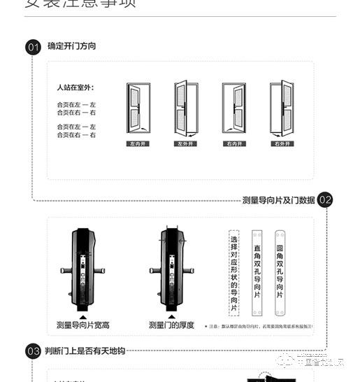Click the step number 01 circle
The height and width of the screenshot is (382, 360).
click(x=33, y=48)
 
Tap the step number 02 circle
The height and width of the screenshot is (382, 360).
click(x=325, y=200)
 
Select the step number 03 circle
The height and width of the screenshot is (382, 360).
click(x=33, y=351)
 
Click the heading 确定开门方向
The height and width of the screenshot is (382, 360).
click(x=71, y=46)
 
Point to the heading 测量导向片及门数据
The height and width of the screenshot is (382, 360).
click(x=278, y=200)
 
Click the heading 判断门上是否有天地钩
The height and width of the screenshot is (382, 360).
click(x=86, y=351)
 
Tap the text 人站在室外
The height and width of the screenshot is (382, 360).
click(x=75, y=88)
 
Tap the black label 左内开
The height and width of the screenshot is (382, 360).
click(x=138, y=144)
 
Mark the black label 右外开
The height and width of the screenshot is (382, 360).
click(x=282, y=144)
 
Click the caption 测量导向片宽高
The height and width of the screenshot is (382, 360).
click(x=82, y=325)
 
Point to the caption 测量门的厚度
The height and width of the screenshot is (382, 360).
click(x=171, y=325)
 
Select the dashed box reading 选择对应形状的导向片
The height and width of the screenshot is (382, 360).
click(x=234, y=272)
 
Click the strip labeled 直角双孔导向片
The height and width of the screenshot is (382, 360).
click(x=257, y=272)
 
